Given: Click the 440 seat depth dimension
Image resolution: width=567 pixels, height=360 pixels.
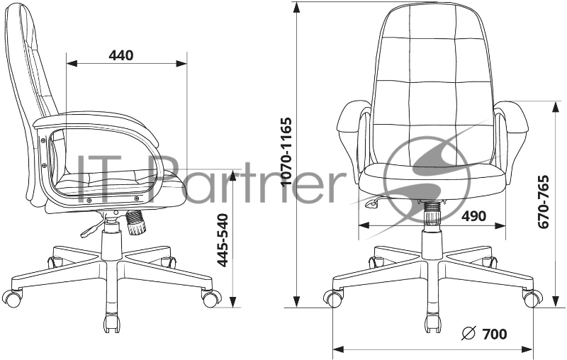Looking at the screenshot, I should pos(122,55).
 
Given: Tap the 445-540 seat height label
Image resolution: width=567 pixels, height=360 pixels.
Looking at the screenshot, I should pos(223,239).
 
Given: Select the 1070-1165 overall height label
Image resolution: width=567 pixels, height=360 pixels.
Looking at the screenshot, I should pos(286,151).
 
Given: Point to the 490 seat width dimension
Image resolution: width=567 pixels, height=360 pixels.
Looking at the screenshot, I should pos(473,216).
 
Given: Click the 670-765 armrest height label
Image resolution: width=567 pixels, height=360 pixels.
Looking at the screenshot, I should pos(544,201).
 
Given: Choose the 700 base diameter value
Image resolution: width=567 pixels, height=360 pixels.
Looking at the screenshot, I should pos(494,333).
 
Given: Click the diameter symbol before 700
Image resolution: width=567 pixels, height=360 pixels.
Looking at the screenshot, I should pos(468,333).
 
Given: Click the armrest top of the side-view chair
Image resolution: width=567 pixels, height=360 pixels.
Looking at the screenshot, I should pos(92,121).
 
